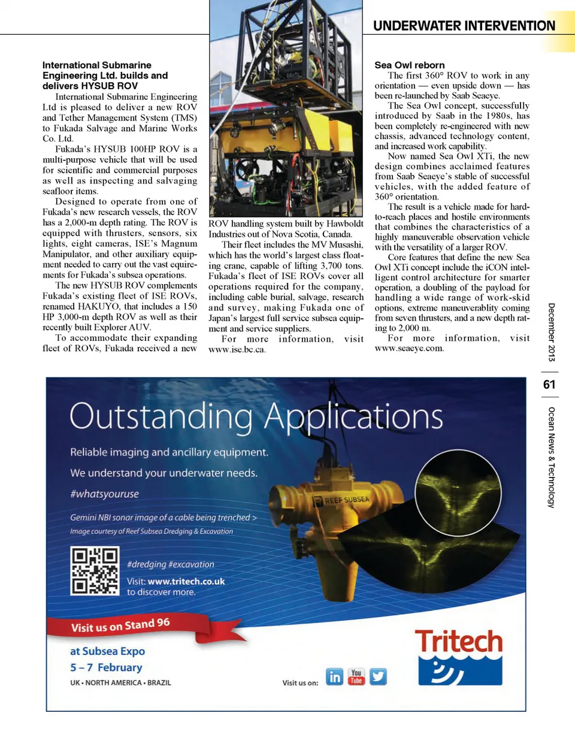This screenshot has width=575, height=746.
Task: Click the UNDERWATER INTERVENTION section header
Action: click(464, 26)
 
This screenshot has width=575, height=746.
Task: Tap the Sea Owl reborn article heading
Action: click(410, 65)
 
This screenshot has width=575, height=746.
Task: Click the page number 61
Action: click(549, 385)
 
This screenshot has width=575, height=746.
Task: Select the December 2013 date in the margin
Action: click(551, 332)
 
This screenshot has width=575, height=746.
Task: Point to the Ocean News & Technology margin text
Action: click(551, 457)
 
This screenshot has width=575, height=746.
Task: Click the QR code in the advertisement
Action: click(95, 571)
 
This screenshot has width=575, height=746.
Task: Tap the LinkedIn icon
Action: click(335, 677)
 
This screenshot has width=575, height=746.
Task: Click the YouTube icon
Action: click(356, 677)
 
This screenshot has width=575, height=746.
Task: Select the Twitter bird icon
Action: click(378, 677)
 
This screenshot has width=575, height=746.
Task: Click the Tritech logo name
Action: click(459, 641)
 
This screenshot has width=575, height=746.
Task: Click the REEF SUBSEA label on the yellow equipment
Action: click(347, 500)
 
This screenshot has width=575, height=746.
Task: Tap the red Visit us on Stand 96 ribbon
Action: click(120, 626)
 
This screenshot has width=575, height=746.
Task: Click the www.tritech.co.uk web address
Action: click(186, 581)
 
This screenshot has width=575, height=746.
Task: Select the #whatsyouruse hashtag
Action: click(104, 494)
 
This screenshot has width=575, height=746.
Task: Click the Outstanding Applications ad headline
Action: click(256, 416)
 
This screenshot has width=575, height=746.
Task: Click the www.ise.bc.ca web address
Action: click(237, 349)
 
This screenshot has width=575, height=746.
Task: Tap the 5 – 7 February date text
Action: click(106, 667)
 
